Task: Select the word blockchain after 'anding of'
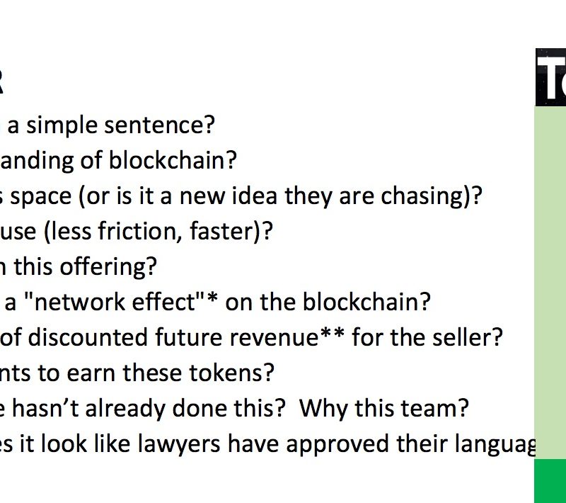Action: pos(173,159)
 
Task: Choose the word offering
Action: pos(108,266)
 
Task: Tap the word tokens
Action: pos(231,373)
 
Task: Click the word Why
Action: pos(325,409)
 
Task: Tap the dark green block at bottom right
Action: pos(550,481)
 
